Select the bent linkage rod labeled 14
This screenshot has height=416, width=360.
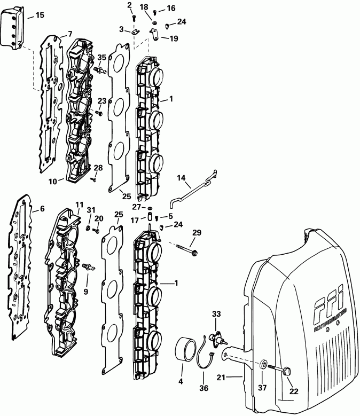190,189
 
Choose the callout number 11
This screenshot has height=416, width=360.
79,205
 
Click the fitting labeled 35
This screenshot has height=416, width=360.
99,70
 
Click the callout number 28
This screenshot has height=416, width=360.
98,168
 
